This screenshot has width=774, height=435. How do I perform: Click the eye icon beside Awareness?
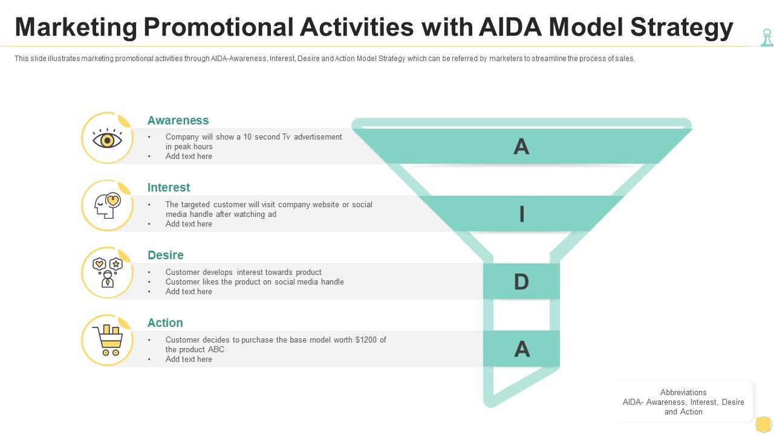108,139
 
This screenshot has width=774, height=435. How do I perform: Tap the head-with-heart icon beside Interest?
108,206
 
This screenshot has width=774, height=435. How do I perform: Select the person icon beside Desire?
108,273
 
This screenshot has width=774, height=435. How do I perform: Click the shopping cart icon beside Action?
108,341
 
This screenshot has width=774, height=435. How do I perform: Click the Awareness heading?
178,120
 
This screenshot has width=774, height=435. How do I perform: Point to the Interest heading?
169,187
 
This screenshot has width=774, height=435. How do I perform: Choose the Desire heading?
166,255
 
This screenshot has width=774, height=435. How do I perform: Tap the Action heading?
165,323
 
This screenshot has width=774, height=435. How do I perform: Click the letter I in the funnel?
521,214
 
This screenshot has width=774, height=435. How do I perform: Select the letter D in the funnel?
521,282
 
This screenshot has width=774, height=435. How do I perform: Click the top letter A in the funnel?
521,147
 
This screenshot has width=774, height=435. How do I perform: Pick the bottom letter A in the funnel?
521,349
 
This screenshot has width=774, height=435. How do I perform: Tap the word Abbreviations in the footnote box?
683,392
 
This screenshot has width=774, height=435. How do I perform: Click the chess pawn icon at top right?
766,37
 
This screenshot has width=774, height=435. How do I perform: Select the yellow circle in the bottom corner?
763,424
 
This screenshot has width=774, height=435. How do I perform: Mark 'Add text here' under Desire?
189,291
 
